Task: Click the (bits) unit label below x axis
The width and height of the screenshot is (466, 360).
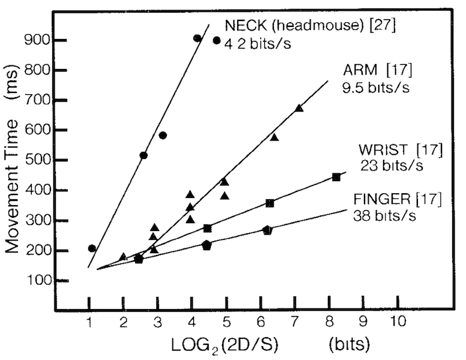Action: click(x=349, y=344)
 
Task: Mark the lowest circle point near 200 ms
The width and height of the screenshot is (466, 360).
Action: click(x=92, y=248)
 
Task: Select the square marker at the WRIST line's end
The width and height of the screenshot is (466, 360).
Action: click(x=336, y=177)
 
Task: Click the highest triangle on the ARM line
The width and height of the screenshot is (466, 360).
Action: click(x=299, y=108)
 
